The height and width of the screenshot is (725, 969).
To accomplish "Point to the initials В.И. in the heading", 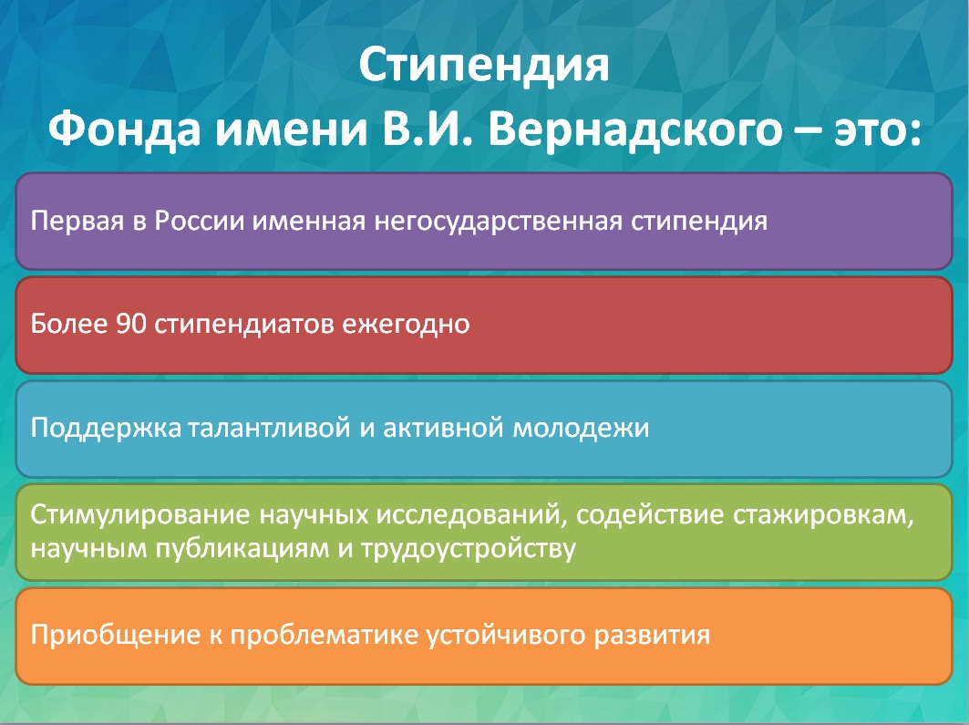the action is (x=427, y=129).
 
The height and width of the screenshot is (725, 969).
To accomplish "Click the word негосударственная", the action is (x=498, y=222).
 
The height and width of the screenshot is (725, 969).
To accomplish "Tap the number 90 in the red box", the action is (x=131, y=324).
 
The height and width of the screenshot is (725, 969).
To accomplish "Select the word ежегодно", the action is (x=406, y=325).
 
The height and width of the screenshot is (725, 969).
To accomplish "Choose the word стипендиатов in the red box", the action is (x=244, y=325).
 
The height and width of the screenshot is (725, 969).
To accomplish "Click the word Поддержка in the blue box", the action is (x=106, y=428).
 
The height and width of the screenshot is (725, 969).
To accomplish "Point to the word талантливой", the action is (x=269, y=428).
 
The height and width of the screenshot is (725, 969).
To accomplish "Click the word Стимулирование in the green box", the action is (x=140, y=515).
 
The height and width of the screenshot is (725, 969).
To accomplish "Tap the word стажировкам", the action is (x=822, y=515).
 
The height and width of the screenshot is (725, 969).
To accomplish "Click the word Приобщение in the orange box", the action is (x=116, y=636).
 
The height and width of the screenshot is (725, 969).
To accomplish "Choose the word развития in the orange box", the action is (x=652, y=636).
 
